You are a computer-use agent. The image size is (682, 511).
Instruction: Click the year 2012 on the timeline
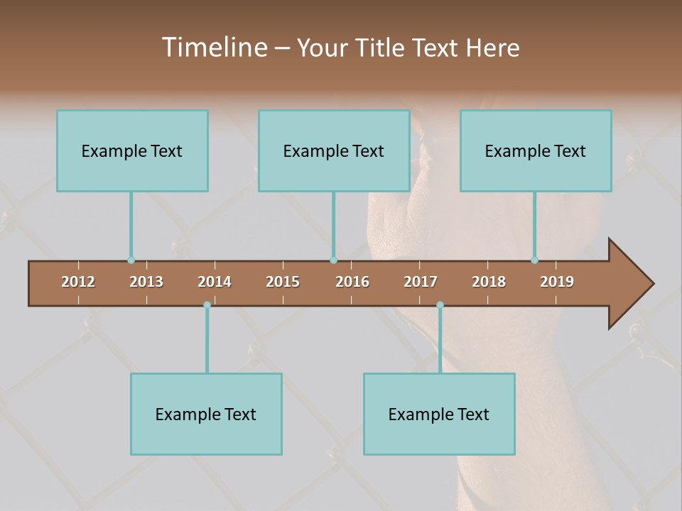pyautogui.click(x=78, y=282)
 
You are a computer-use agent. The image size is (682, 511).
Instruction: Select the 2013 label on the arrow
pyautogui.click(x=146, y=282)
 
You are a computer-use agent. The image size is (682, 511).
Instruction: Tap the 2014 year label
pyautogui.click(x=215, y=282)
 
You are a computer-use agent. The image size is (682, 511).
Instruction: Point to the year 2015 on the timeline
pyautogui.click(x=283, y=282)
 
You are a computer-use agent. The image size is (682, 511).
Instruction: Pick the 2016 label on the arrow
pyautogui.click(x=352, y=282)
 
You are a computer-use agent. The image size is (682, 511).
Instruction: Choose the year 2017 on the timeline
pyautogui.click(x=421, y=282)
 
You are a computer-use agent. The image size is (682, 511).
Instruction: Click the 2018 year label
pyautogui.click(x=489, y=282)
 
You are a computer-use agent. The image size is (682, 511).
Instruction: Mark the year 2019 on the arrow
pyautogui.click(x=557, y=282)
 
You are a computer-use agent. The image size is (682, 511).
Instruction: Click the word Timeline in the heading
pyautogui.click(x=214, y=48)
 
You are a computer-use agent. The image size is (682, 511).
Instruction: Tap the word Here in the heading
pyautogui.click(x=492, y=48)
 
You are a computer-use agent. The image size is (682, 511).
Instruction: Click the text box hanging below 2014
pyautogui.click(x=206, y=414)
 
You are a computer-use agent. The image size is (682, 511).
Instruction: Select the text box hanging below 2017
pyautogui.click(x=439, y=414)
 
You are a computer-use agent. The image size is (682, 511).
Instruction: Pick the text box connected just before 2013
pyautogui.click(x=132, y=150)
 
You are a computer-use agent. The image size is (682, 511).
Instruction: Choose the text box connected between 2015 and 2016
pyautogui.click(x=334, y=150)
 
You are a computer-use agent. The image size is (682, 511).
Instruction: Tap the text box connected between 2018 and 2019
pyautogui.click(x=536, y=150)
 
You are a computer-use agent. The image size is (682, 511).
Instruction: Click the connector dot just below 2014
pyautogui.click(x=207, y=304)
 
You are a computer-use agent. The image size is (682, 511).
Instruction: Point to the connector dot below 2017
pyautogui.click(x=440, y=304)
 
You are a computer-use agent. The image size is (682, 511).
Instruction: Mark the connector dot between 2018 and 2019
pyautogui.click(x=534, y=260)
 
